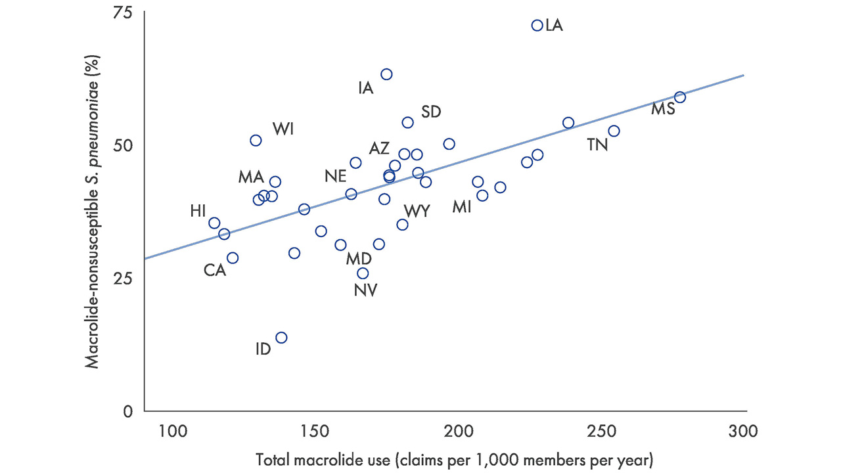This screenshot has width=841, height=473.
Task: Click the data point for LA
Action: (537, 26)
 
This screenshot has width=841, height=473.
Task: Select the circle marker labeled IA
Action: (386, 74)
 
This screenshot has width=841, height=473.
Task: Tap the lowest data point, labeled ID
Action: (281, 338)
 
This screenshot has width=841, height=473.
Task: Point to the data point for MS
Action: (680, 97)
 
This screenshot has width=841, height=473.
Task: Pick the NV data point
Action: (363, 273)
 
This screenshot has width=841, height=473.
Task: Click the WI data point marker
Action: (256, 141)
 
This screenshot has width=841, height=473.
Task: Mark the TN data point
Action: (614, 131)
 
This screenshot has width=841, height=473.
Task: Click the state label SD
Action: (431, 112)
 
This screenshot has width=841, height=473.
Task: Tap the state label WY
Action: (417, 211)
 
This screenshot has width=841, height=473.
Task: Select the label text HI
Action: (198, 211)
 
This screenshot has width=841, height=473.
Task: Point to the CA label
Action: (215, 270)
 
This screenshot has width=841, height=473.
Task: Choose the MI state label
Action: (462, 207)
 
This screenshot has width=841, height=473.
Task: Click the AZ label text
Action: (379, 148)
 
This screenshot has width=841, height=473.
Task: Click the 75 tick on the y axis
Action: (122, 12)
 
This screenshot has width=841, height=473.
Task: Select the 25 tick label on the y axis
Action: (122, 278)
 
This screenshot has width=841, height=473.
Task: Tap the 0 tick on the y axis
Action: (128, 411)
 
